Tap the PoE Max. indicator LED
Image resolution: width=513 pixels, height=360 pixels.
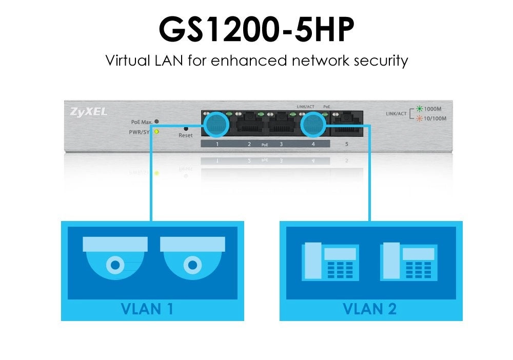(x=156, y=122)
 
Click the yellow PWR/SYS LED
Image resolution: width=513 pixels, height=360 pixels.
(x=156, y=132)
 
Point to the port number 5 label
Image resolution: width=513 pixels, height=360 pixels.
(x=347, y=144)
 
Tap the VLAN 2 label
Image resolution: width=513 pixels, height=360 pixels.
(x=369, y=309)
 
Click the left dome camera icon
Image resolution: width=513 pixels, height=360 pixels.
(x=115, y=255)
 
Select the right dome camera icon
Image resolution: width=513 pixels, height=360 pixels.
(x=192, y=255)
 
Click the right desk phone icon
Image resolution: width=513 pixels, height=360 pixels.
(x=408, y=262)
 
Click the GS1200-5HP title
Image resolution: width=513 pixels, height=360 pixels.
(x=256, y=30)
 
